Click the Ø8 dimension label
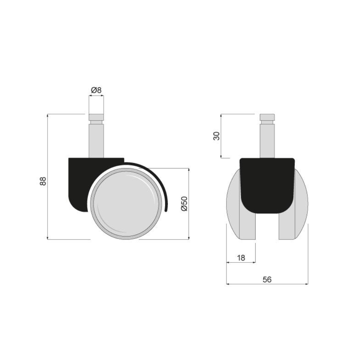[96, 90]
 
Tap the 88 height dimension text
[43, 181]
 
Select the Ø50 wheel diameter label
[184, 204]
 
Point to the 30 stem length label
[217, 136]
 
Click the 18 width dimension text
[241, 257]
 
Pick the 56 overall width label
[267, 279]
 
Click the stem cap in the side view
[96, 118]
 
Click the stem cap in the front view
[267, 117]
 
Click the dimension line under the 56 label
[267, 284]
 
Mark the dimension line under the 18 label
[241, 262]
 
